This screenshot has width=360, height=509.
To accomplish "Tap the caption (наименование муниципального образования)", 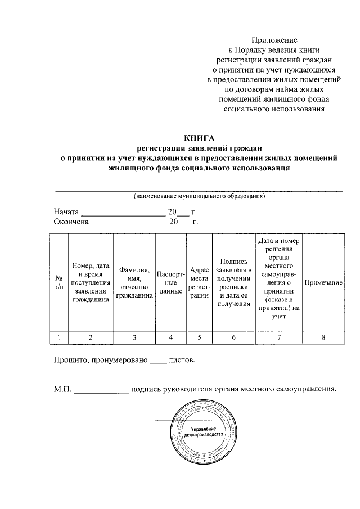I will coord(199,196).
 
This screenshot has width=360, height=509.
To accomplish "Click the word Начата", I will coord(67,213).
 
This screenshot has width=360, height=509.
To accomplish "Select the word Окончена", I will coord(71,222).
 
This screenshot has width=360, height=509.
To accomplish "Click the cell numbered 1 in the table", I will coord(59,337).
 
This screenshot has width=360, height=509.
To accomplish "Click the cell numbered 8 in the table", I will coord(323,337).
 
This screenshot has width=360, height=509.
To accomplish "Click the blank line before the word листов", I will coord(159,360).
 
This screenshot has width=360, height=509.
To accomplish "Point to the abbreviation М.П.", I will coord(62,389).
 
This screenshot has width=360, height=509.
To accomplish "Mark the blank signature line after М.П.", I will coord(101,391).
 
